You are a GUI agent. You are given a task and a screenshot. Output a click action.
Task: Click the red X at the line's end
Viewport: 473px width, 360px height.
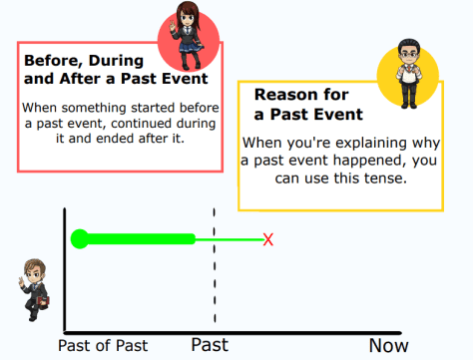click(267, 239)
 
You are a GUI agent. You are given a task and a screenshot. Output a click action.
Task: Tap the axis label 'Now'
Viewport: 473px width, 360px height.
click(388, 346)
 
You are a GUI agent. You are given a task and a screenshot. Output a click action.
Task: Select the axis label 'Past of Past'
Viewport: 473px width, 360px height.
click(103, 346)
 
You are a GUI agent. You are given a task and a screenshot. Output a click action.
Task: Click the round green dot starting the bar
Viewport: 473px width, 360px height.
click(80, 239)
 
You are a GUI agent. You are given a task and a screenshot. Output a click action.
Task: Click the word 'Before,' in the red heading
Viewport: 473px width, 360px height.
click(58, 59)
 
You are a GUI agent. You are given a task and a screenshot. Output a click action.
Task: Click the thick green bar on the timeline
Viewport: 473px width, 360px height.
click(140, 239)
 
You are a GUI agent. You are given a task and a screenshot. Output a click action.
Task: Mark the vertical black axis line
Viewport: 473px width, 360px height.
click(64, 269)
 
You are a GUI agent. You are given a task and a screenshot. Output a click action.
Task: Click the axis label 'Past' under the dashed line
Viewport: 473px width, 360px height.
click(210, 346)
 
